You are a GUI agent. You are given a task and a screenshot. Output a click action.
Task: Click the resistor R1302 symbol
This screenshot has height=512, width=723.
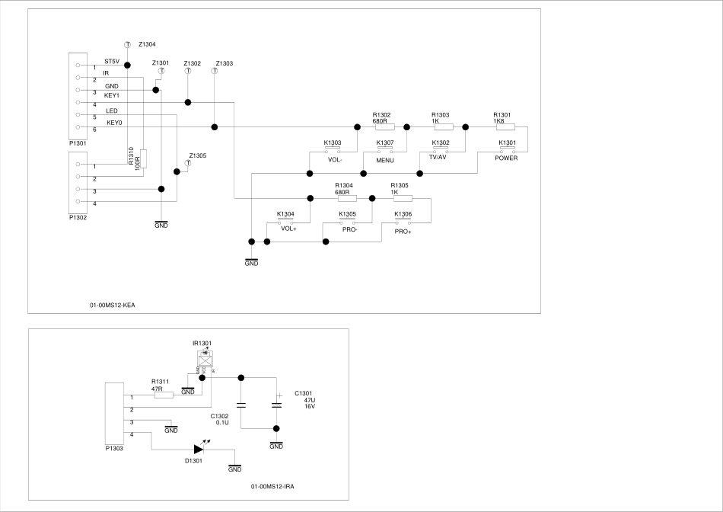(384, 127)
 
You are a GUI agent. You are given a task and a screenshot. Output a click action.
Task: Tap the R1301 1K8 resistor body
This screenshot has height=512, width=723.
(505, 127)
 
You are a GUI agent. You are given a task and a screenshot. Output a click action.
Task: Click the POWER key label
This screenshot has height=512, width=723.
(506, 158)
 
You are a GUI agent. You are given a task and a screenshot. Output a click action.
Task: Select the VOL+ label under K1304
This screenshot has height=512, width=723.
(288, 229)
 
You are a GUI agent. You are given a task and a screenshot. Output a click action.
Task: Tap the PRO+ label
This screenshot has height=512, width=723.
(403, 232)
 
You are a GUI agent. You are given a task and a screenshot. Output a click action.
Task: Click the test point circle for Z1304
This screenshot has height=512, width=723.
(126, 45)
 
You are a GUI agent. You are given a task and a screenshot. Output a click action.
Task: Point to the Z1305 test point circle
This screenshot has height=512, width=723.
(189, 163)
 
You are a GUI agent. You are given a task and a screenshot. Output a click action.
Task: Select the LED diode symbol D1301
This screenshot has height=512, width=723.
(199, 450)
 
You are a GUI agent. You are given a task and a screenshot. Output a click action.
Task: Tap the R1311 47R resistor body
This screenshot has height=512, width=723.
(164, 395)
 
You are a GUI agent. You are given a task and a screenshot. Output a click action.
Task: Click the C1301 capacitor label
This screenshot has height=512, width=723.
(304, 393)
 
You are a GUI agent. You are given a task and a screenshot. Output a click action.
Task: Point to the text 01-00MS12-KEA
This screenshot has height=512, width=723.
(112, 305)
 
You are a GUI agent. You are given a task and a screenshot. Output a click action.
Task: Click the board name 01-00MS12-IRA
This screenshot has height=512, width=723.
(272, 486)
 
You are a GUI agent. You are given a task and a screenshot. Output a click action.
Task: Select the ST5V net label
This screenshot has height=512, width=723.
(112, 61)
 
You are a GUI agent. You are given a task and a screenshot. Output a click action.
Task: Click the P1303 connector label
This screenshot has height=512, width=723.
(116, 449)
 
